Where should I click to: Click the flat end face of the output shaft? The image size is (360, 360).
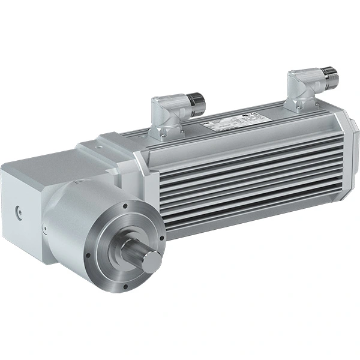pos(152,260)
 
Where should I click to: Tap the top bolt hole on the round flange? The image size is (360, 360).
pos(123,206)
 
